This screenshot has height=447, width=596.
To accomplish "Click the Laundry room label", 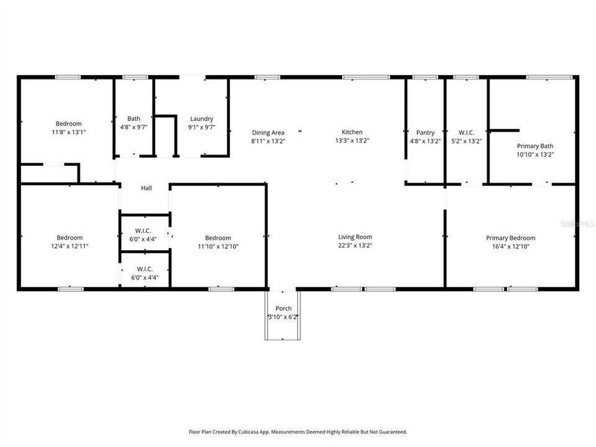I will click(x=202, y=119).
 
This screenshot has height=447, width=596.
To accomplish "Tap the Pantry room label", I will click(x=425, y=132).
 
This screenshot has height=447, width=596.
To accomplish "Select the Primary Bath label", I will click(x=535, y=147).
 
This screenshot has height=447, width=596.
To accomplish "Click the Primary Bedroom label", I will click(x=510, y=238).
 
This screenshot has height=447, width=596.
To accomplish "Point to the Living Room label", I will click(x=355, y=237).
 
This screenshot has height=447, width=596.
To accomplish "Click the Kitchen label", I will click(x=352, y=132).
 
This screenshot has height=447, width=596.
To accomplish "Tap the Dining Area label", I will click(x=268, y=132).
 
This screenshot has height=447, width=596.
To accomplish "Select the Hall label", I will click(x=146, y=188).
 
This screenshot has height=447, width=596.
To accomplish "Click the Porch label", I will click(x=283, y=309).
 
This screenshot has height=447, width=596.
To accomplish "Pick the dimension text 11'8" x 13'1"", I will click(x=69, y=132).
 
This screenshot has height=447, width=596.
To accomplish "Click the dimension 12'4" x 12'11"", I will click(x=70, y=246).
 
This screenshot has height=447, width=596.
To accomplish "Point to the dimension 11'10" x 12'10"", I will click(x=218, y=246).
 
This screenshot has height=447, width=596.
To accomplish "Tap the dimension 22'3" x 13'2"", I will click(x=355, y=246).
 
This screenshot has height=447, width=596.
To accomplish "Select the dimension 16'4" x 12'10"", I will click(x=510, y=246).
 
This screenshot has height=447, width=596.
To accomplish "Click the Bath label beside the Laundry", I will click(x=133, y=119).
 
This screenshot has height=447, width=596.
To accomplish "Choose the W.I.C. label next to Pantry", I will click(x=466, y=132).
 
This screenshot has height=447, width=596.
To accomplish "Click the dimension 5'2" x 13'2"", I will click(x=466, y=141).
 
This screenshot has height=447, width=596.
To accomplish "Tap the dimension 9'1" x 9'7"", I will click(x=202, y=127).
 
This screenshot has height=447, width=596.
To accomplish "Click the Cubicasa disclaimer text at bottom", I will click(x=298, y=431).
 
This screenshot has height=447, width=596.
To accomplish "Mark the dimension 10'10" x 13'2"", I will click(x=535, y=155).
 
